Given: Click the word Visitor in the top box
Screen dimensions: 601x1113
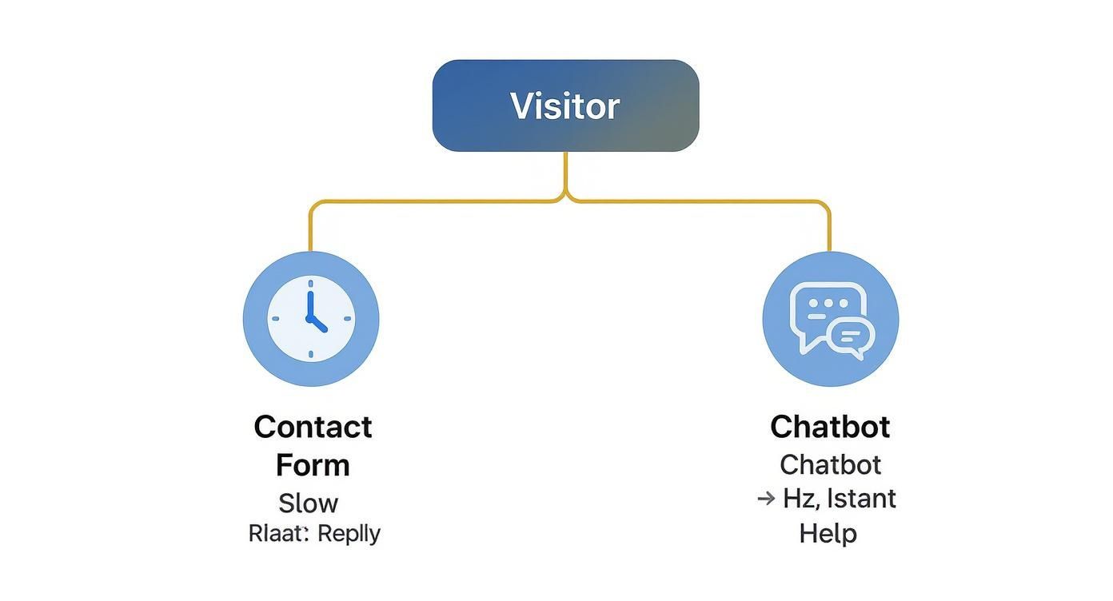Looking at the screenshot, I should (564, 106).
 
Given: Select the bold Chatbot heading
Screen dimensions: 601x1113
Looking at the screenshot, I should (830, 427).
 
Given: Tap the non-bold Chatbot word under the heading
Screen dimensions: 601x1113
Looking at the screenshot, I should (830, 464).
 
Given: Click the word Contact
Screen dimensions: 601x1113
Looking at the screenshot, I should (313, 427).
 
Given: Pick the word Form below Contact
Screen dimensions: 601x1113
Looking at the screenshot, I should (313, 465).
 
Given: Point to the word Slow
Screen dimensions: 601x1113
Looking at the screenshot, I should (308, 503).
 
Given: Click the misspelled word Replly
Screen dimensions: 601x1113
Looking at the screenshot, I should (349, 533).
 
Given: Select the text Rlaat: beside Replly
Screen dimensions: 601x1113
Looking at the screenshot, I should (278, 533).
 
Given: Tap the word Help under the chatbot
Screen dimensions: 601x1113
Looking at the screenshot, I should (828, 533).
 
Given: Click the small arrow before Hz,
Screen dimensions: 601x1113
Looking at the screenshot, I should (766, 499).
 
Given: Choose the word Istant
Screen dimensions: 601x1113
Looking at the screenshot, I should (861, 499).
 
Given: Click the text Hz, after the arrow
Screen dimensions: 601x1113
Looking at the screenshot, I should (800, 499).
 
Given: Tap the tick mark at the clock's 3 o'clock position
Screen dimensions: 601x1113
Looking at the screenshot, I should (347, 319).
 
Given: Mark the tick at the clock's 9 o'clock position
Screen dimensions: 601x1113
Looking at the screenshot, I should (276, 319).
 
